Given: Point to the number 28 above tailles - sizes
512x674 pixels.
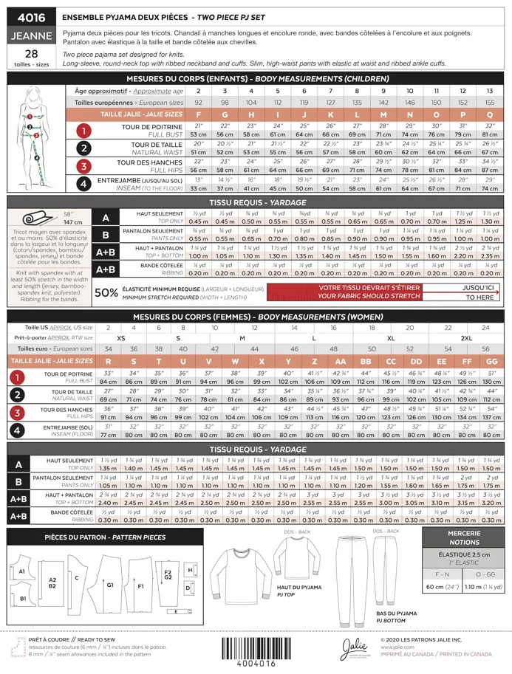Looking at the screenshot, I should (x=31, y=54).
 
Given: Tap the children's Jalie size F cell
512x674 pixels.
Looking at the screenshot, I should (x=198, y=114).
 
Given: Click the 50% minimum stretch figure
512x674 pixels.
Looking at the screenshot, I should (x=106, y=292).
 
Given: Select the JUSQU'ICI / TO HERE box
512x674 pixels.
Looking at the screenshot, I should (x=479, y=292).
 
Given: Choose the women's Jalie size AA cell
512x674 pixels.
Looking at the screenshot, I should (x=340, y=361).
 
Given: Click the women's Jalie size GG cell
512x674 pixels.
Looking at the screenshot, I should (x=491, y=361).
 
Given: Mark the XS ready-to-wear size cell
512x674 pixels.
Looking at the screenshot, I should (x=121, y=337).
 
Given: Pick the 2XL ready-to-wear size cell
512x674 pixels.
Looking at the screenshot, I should (x=467, y=337).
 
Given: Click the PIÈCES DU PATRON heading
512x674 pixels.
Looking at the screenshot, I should (x=105, y=537).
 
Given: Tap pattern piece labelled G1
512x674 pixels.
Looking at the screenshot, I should (x=109, y=584).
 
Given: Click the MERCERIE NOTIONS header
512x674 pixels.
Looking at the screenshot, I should (x=463, y=537).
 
